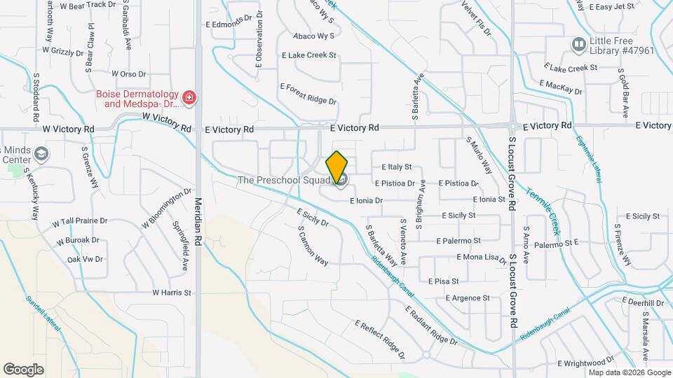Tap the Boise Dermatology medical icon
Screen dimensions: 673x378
point(188,97)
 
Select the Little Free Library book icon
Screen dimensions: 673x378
point(578,45)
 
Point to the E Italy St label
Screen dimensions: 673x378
point(396,167)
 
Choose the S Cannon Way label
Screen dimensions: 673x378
point(313,246)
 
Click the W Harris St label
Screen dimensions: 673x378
point(171,293)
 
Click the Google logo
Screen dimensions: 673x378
point(23,369)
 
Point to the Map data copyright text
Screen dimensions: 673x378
point(630,372)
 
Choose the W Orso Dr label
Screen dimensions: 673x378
point(128,73)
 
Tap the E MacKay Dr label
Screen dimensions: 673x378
point(561,87)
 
